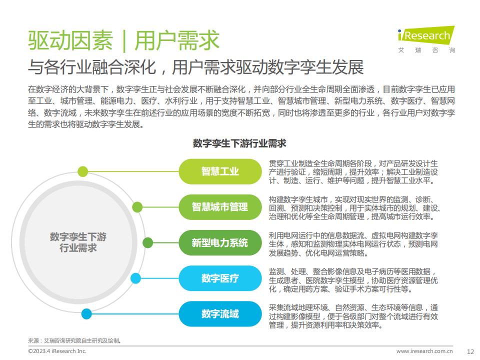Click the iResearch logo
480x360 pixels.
pyautogui.click(x=426, y=39)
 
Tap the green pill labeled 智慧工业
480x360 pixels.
pyautogui.click(x=220, y=171)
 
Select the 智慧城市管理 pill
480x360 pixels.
pyautogui.click(x=220, y=207)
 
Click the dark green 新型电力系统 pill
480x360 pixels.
pyautogui.click(x=220, y=243)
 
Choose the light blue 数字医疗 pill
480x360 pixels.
pyautogui.click(x=220, y=278)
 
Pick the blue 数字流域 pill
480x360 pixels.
pyautogui.click(x=220, y=314)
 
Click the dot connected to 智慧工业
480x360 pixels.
pyautogui.click(x=82, y=171)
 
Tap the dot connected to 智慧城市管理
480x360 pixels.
pyautogui.click(x=137, y=207)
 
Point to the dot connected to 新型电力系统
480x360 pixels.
pyautogui.click(x=148, y=243)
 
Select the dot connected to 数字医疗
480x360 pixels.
pyautogui.click(x=135, y=278)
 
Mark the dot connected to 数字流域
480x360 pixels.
pyautogui.click(x=86, y=314)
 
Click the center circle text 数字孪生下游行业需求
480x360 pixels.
pyautogui.click(x=78, y=242)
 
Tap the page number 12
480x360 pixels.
pyautogui.click(x=470, y=351)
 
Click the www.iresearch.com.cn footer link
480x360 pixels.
pyautogui.click(x=424, y=351)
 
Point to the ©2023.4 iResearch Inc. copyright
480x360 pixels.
pyautogui.click(x=57, y=351)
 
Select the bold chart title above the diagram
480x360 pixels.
pyautogui.click(x=239, y=143)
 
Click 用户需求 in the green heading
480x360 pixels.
pyautogui.click(x=177, y=40)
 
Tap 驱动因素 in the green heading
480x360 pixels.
pyautogui.click(x=70, y=40)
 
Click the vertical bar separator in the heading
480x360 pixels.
pyautogui.click(x=124, y=40)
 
